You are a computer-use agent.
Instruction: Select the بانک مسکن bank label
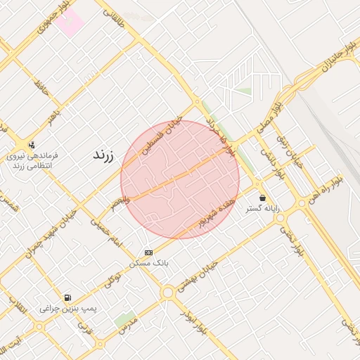click(x=148, y=264)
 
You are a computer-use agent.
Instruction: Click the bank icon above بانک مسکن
click(x=148, y=252)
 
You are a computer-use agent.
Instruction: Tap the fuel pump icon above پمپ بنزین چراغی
click(x=67, y=297)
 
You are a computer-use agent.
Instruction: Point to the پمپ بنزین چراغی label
click(x=67, y=309)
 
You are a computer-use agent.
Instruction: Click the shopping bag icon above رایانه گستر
click(x=262, y=198)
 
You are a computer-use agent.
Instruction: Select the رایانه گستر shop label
click(x=262, y=209)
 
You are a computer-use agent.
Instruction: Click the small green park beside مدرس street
click(x=125, y=320)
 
